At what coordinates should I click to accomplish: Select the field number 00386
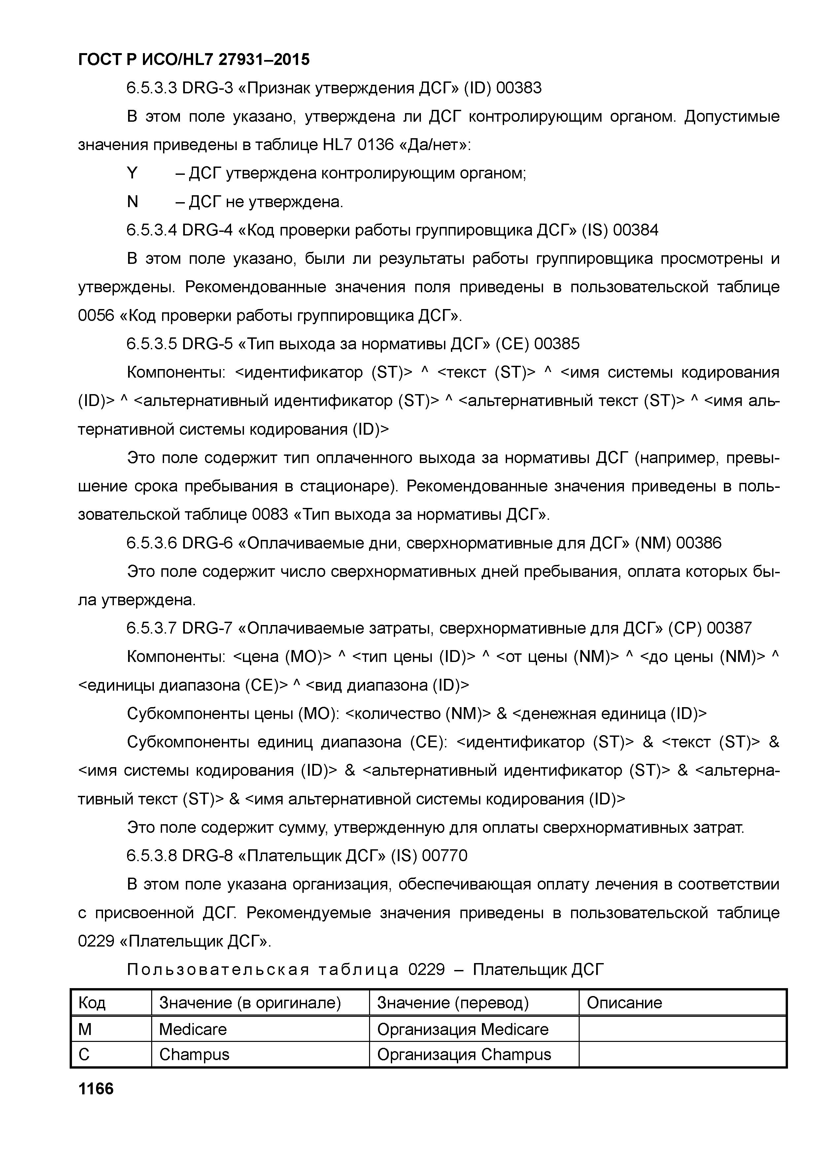point(699,543)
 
